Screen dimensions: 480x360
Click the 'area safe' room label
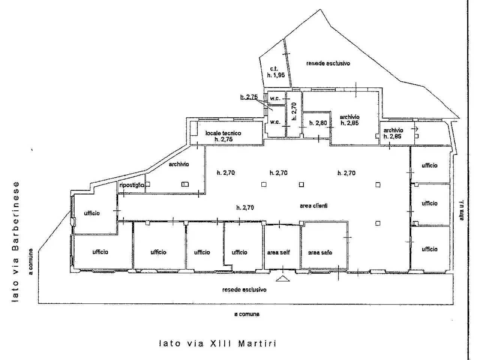[320, 253]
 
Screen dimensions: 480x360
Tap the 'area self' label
[278, 252]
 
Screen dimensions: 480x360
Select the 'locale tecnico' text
[223, 133]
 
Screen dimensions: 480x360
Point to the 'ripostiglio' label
[132, 185]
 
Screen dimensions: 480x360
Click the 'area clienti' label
[313, 205]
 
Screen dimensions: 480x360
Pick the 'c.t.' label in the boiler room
[274, 69]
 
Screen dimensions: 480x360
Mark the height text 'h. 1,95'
[276, 75]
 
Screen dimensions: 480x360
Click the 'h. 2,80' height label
[318, 123]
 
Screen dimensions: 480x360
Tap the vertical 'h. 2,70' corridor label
[294, 111]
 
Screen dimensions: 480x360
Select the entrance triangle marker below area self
[282, 279]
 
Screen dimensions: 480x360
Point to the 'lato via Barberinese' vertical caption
[15, 242]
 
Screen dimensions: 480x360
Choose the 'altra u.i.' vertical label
[461, 210]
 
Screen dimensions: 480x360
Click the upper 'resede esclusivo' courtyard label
[328, 63]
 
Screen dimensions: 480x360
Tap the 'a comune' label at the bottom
[247, 314]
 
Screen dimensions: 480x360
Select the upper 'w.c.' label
[275, 98]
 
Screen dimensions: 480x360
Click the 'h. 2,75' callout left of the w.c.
[249, 97]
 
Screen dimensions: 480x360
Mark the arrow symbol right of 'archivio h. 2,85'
[414, 129]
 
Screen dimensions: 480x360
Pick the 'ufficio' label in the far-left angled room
[92, 213]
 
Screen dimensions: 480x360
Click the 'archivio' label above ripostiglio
[178, 164]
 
